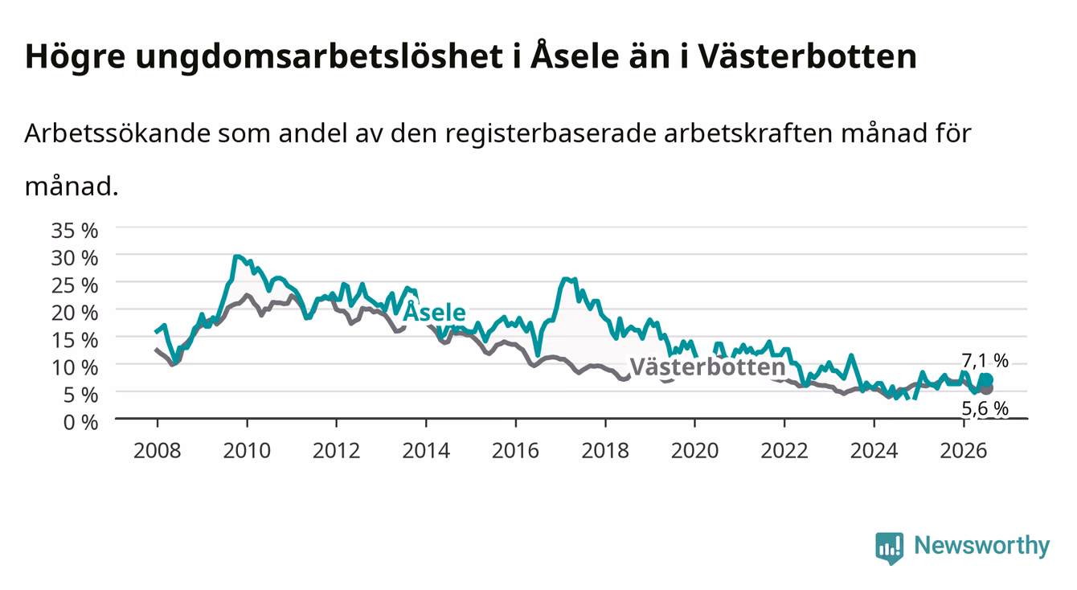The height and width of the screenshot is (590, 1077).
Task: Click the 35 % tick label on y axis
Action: tap(75, 231)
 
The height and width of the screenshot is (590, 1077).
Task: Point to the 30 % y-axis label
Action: tap(75, 258)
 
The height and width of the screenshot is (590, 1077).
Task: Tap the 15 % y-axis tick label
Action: tap(75, 341)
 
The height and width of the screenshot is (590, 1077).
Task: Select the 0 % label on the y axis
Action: tap(80, 423)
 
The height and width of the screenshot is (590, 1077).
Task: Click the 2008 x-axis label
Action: tap(158, 451)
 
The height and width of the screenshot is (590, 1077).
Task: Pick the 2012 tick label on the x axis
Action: tap(337, 451)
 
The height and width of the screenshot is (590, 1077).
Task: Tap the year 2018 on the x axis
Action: tap(605, 451)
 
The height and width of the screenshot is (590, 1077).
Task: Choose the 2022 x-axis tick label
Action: tap(784, 451)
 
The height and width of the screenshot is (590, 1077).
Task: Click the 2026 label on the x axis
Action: tap(964, 451)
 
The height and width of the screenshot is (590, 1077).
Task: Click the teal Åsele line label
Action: tap(434, 312)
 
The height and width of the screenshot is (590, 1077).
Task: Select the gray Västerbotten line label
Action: tap(708, 367)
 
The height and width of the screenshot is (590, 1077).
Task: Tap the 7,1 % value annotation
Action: tap(985, 361)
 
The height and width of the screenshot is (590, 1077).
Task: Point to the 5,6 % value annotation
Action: tap(985, 408)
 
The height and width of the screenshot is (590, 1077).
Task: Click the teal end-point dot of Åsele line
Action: tap(987, 380)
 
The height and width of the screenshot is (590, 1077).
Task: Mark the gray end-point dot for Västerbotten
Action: tap(987, 388)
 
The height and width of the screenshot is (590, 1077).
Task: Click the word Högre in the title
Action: tap(75, 57)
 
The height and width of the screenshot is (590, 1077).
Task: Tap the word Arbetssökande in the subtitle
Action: tap(117, 133)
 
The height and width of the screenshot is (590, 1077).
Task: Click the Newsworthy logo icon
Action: tap(890, 548)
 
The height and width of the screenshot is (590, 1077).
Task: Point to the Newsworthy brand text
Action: tap(982, 546)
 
